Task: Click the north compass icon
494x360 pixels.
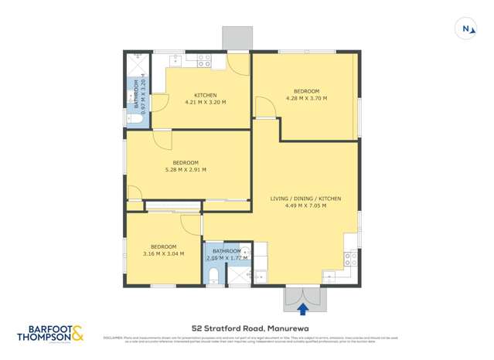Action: point(468,29)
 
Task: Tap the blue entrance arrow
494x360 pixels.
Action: point(302,309)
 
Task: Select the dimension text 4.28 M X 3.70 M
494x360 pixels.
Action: point(306,98)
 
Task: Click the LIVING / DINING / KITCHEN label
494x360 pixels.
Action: point(305,199)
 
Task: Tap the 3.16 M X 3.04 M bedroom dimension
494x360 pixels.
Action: point(163,253)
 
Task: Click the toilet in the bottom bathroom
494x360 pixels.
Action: point(214,275)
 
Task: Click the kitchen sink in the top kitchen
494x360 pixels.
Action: point(175,59)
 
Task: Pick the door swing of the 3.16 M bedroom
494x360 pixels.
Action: point(190,223)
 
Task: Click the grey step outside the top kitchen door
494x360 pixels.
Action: point(237,37)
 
